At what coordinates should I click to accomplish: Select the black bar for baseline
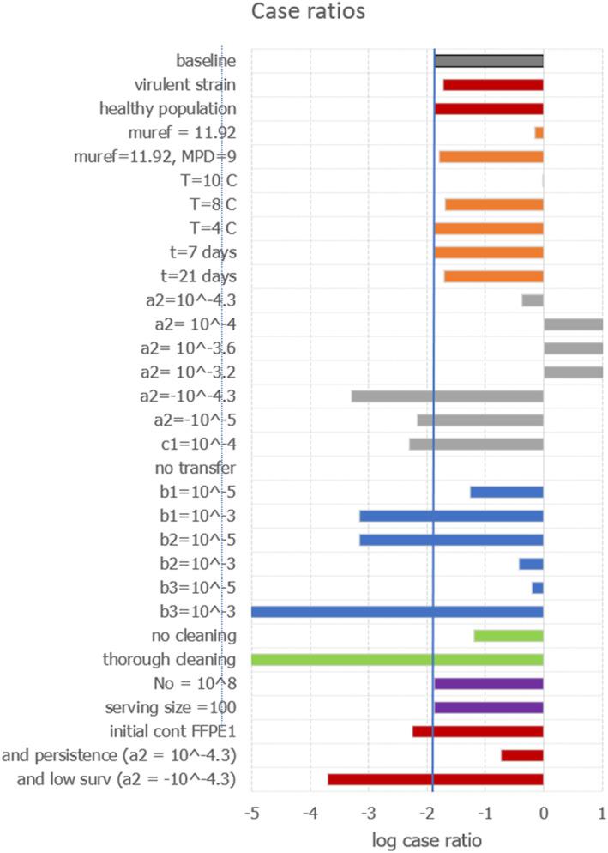click(x=489, y=61)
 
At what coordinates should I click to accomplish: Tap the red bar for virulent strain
click(x=493, y=85)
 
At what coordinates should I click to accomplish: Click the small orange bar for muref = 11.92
click(x=539, y=133)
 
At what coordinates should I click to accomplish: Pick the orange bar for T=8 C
click(x=494, y=204)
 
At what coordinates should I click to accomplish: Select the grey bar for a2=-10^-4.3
click(x=447, y=396)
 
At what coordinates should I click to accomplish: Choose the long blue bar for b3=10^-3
click(x=397, y=612)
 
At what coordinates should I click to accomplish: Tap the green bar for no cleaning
click(x=509, y=636)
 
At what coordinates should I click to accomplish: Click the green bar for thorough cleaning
click(x=397, y=660)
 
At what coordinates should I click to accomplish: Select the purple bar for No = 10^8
click(x=489, y=684)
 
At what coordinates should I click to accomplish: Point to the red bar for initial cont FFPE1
click(x=478, y=731)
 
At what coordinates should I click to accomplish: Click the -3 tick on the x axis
click(x=368, y=813)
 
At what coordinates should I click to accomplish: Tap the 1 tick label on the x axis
click(x=602, y=813)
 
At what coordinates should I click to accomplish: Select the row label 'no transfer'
click(x=196, y=468)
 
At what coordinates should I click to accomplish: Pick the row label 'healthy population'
click(x=168, y=109)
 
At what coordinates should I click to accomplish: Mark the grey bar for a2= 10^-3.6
click(x=573, y=348)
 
